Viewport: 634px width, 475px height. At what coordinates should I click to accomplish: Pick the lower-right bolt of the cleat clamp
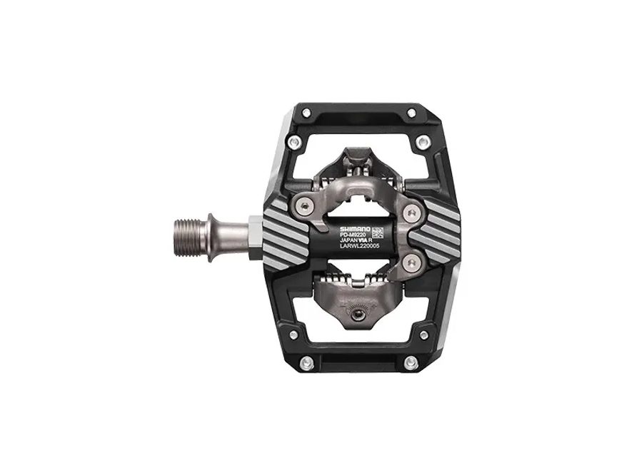[407, 265]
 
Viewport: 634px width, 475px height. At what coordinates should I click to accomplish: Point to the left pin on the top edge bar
[306, 113]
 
